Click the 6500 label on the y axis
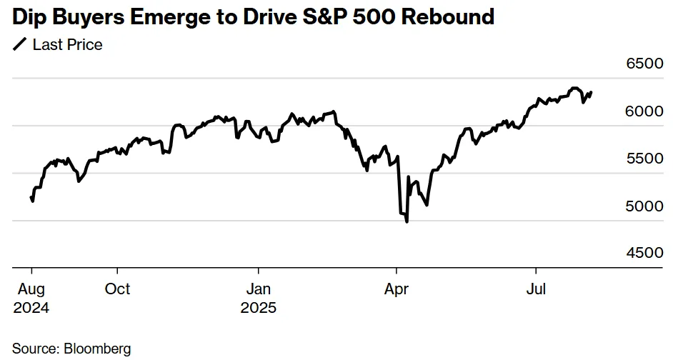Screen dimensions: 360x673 point(644,64)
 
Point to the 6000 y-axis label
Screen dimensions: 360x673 point(644,112)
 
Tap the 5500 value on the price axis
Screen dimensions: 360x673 point(644,159)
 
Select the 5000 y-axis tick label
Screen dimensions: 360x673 point(644,206)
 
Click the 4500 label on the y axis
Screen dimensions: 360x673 point(644,254)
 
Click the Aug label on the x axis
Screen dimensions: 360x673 point(30,289)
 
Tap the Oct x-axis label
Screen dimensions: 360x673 point(117,289)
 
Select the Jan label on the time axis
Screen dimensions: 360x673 point(258,289)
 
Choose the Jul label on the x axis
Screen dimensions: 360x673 point(537,289)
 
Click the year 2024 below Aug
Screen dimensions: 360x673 point(31,309)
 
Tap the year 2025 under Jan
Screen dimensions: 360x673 point(258,309)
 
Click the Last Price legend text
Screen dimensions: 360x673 point(68,45)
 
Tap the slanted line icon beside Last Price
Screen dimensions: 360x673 point(19,46)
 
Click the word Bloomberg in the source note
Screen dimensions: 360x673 point(98,349)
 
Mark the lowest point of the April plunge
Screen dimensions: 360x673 point(407,222)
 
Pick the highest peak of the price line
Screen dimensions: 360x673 point(574,89)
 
